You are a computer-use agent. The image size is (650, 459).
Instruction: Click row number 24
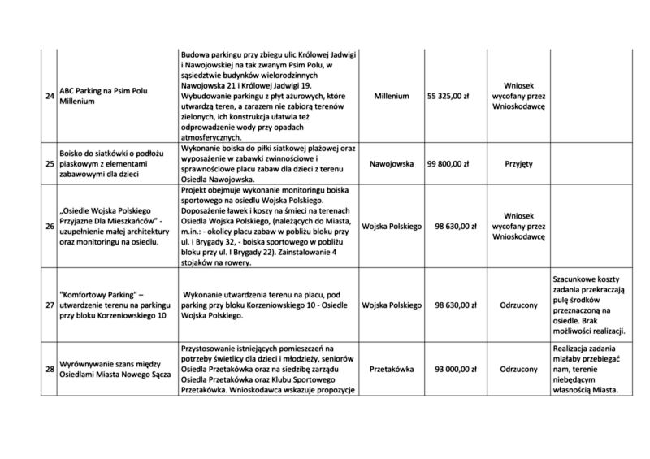pos(50,97)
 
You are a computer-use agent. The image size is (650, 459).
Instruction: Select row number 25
pos(50,164)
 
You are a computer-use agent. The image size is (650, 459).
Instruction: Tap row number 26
pos(50,226)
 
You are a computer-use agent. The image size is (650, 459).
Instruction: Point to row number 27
pos(50,305)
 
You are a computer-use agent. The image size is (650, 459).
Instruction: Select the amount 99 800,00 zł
pos(448,164)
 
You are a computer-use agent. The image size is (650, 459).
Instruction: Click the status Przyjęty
pos(518,164)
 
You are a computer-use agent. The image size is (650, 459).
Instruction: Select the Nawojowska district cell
pos(392,164)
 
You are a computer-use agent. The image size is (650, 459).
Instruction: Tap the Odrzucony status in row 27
pos(518,305)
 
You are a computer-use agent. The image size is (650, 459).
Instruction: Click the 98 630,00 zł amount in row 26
pos(453,226)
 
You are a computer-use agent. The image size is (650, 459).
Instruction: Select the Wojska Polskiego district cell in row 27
pos(392,305)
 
